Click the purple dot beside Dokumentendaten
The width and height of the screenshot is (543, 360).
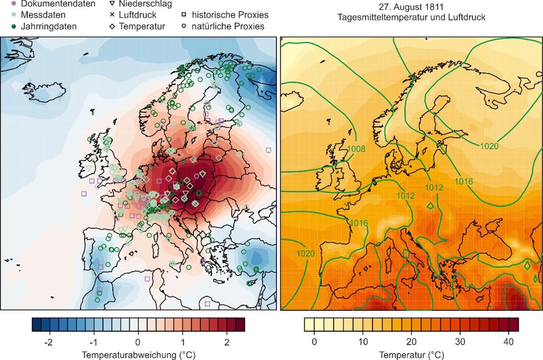click(x=13, y=4)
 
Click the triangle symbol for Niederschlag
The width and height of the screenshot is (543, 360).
click(x=111, y=4)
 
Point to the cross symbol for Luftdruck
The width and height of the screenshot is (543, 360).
click(x=111, y=15)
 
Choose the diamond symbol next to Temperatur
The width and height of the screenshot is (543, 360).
click(x=111, y=27)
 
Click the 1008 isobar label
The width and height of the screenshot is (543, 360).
click(x=356, y=148)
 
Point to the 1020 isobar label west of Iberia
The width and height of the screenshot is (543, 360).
click(x=305, y=252)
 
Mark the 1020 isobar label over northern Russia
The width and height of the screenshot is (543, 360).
click(x=489, y=146)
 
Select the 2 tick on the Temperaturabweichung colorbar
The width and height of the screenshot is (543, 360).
click(x=226, y=342)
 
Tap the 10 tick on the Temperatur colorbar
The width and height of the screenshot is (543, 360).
click(x=363, y=342)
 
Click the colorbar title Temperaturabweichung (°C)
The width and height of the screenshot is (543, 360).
click(x=138, y=354)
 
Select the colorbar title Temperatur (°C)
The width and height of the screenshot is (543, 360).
click(x=411, y=354)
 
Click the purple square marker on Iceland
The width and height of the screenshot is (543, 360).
click(x=30, y=90)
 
